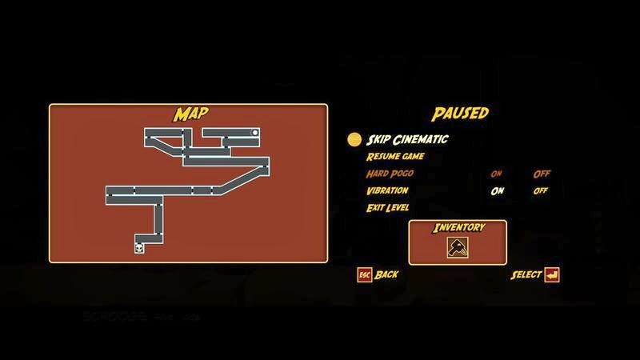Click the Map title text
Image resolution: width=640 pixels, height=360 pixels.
coord(188,114)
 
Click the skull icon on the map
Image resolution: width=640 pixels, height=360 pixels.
coord(140,248)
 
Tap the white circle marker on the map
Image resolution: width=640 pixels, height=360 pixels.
coord(255,132)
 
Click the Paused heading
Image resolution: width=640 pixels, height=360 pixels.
coord(460,114)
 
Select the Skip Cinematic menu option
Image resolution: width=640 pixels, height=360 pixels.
coord(407,139)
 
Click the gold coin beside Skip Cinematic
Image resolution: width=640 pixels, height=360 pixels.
coord(354,139)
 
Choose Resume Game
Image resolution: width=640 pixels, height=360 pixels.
coord(395,157)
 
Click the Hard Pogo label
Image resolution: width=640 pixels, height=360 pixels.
coord(391,174)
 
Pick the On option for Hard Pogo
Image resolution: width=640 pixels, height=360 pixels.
coord(497,174)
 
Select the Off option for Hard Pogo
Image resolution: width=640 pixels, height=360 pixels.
coord(542,174)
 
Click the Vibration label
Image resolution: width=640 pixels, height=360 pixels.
coord(387,190)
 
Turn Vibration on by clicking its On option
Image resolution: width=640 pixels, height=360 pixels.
coord(497,190)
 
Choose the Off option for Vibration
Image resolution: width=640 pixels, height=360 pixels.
coord(542,190)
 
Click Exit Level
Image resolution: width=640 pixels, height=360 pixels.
coord(388,208)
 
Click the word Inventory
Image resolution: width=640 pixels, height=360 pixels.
coord(459,227)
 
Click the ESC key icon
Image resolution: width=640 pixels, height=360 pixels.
coord(364,274)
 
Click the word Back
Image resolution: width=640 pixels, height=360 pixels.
coord(386,274)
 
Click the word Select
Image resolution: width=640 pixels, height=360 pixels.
coord(526,274)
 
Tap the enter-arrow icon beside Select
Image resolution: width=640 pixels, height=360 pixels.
coord(552,274)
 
